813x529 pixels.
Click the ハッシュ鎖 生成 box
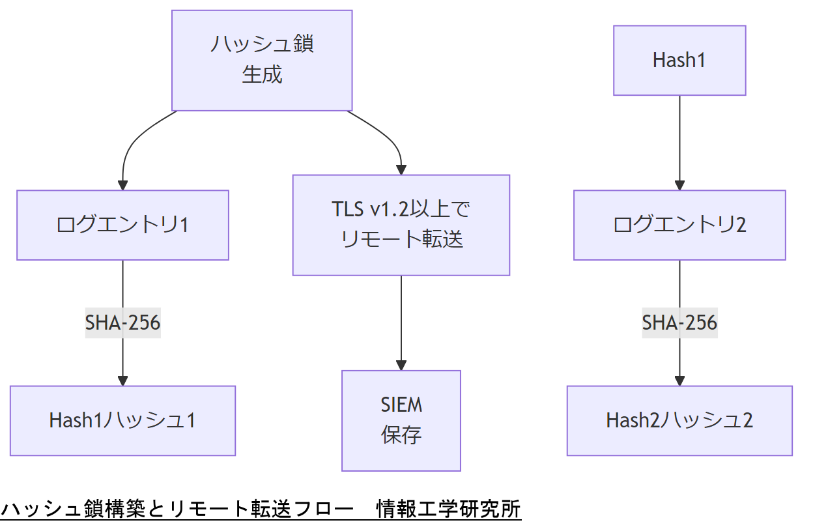(262, 60)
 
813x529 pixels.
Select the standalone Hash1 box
(679, 61)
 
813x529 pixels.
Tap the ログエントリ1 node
(122, 225)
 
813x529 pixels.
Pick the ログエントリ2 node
(679, 225)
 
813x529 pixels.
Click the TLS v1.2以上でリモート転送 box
(401, 225)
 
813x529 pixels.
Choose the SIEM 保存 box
(401, 420)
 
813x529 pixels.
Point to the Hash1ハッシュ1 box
(122, 420)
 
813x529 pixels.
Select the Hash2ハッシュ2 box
(679, 420)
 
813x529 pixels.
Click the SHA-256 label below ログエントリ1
(122, 322)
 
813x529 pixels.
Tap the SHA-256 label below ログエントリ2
(679, 322)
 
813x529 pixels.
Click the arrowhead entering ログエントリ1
(122, 184)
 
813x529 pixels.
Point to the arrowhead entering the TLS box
(401, 169)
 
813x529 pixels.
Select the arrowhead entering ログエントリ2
(679, 184)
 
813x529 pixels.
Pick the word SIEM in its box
(401, 405)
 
